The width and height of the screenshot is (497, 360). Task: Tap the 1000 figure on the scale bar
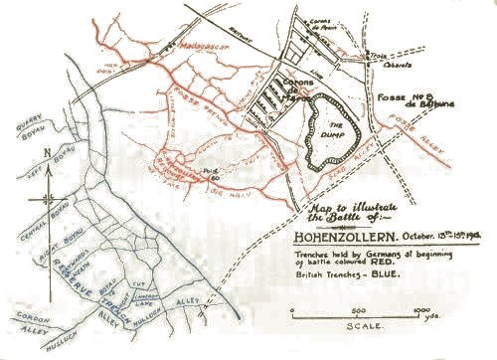pos(410,308)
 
